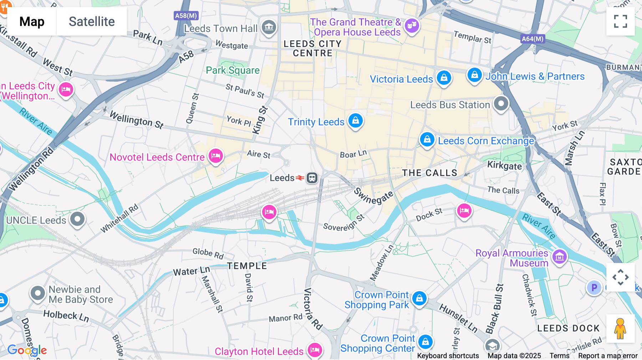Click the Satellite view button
point(92,21)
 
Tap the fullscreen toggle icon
point(620,21)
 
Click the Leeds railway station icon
point(312,178)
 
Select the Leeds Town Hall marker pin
point(269,27)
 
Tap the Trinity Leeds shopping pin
point(356,120)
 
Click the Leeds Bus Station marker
point(501,104)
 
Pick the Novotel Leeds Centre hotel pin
point(216,156)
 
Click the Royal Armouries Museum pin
point(559,256)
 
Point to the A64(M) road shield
point(533,39)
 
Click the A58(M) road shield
point(186,16)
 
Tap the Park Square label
point(233,70)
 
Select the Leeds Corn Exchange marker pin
point(427,139)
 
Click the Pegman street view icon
point(620,329)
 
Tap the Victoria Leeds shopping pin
point(444,77)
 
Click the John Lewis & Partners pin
point(474,75)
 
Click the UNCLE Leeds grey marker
point(77,219)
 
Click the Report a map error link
point(608,356)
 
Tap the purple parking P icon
point(594,287)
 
